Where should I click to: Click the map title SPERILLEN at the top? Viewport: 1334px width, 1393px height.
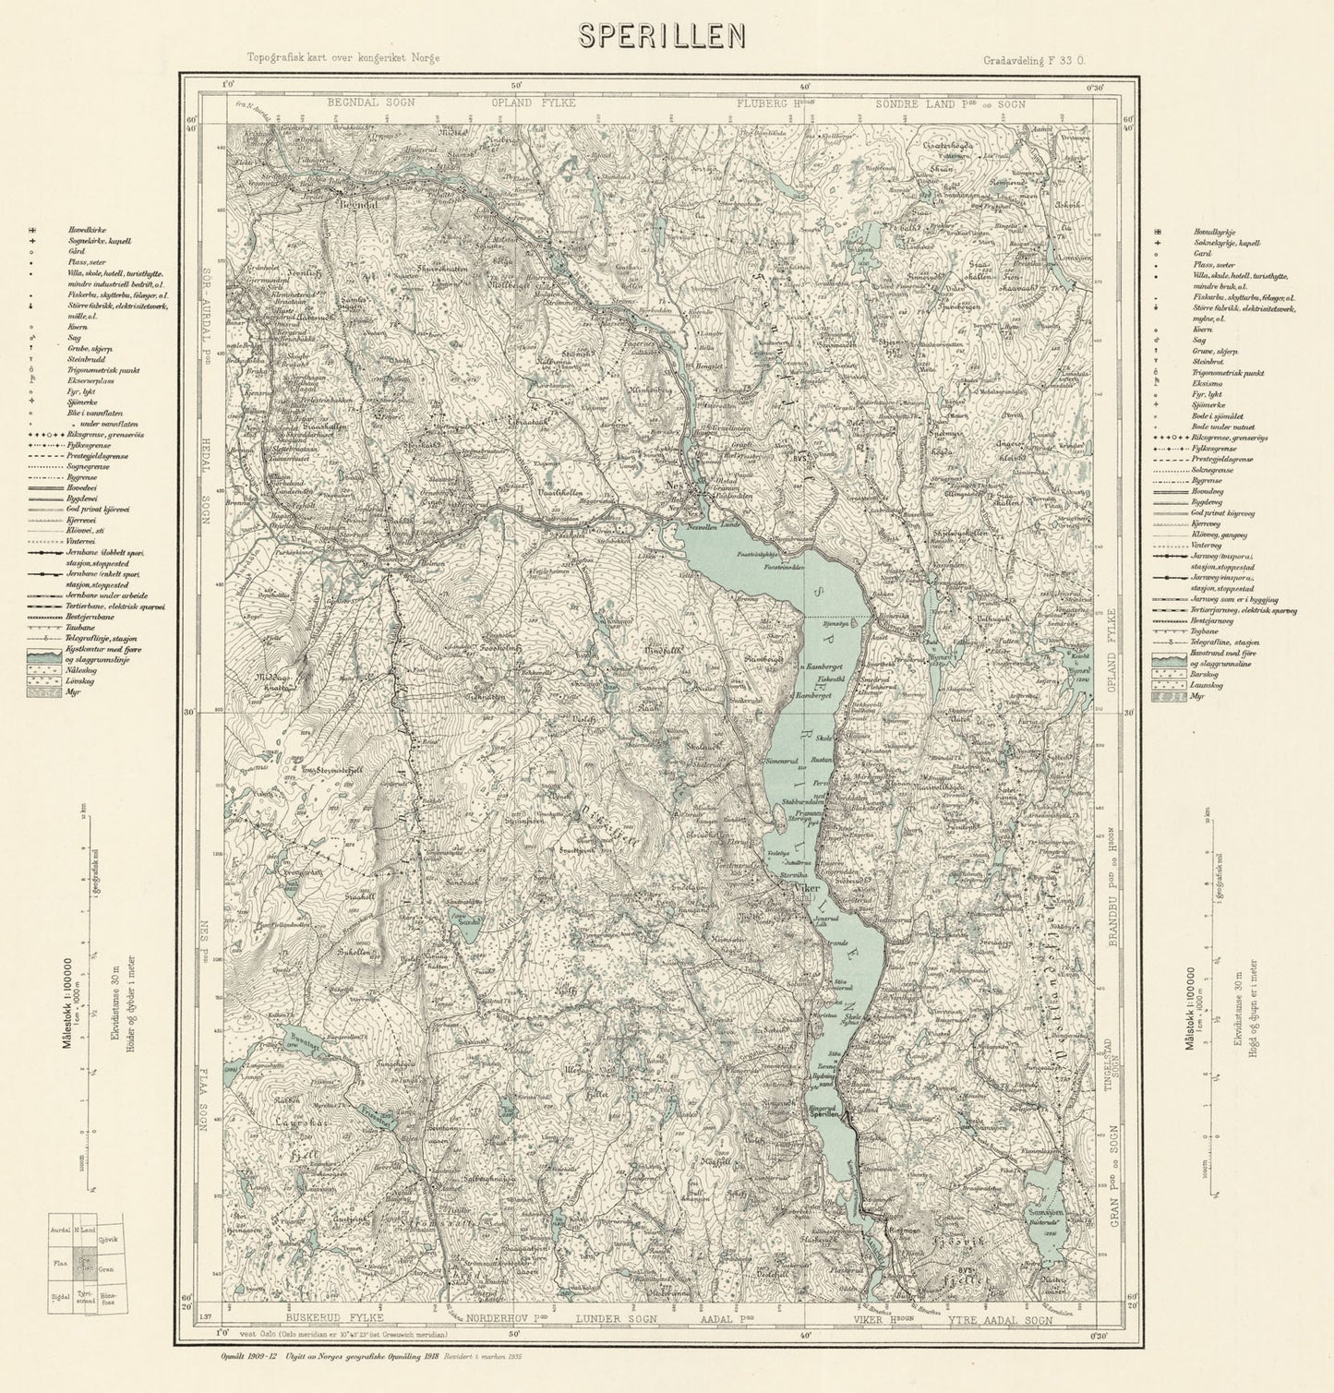662,34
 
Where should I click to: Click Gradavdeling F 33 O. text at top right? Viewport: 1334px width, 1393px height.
1034,59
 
